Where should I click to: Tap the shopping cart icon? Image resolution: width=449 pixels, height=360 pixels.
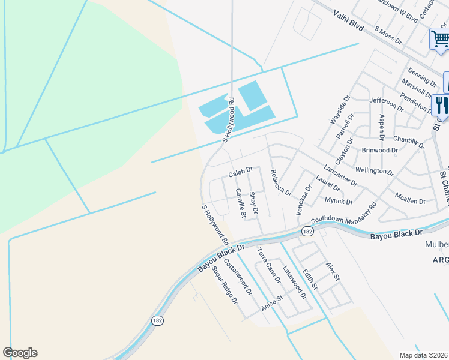441,39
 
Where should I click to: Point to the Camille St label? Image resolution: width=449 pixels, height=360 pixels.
241,203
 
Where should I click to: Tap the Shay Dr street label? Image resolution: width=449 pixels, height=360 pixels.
253,203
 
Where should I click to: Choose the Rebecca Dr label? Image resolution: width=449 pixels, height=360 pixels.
280,183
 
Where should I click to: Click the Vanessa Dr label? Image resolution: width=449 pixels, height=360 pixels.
304,200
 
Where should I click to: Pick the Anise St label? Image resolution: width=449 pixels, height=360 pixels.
272,303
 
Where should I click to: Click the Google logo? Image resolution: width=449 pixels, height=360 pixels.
20,353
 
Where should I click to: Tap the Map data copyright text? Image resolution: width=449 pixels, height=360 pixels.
424,355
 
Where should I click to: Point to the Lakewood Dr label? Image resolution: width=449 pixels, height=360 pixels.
295,283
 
